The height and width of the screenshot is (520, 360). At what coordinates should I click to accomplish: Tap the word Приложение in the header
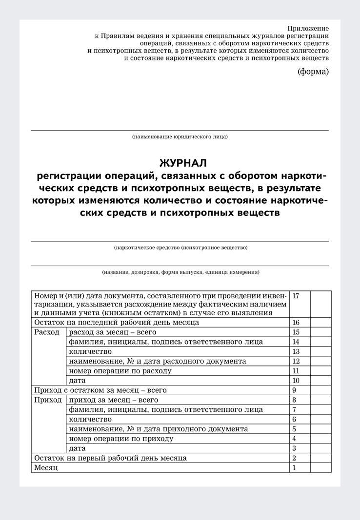(x=308, y=28)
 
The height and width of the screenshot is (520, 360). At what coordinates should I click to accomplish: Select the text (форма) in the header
(x=313, y=72)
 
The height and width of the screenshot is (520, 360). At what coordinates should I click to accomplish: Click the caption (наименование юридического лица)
(x=180, y=137)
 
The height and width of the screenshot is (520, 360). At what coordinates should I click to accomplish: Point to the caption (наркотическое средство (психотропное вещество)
(x=180, y=248)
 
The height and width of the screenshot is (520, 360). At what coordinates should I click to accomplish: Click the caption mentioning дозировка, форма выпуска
(x=180, y=272)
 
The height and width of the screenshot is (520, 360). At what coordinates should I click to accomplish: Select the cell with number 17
(x=296, y=296)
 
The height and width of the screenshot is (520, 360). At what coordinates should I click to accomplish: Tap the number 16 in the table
(x=296, y=323)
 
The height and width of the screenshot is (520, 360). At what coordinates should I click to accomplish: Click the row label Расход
(x=47, y=332)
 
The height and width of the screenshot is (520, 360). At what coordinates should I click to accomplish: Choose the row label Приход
(x=48, y=400)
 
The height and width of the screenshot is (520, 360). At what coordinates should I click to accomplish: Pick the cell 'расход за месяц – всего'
(x=113, y=332)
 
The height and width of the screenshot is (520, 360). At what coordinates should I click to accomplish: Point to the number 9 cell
(x=294, y=390)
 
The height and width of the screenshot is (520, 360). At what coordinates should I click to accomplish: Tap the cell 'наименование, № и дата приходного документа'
(x=159, y=429)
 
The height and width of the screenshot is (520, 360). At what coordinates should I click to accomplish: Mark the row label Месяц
(x=45, y=468)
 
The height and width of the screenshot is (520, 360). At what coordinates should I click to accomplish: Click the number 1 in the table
(x=294, y=468)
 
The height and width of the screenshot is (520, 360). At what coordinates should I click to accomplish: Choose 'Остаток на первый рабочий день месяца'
(x=110, y=458)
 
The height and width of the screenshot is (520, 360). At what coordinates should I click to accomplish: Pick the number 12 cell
(x=296, y=361)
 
